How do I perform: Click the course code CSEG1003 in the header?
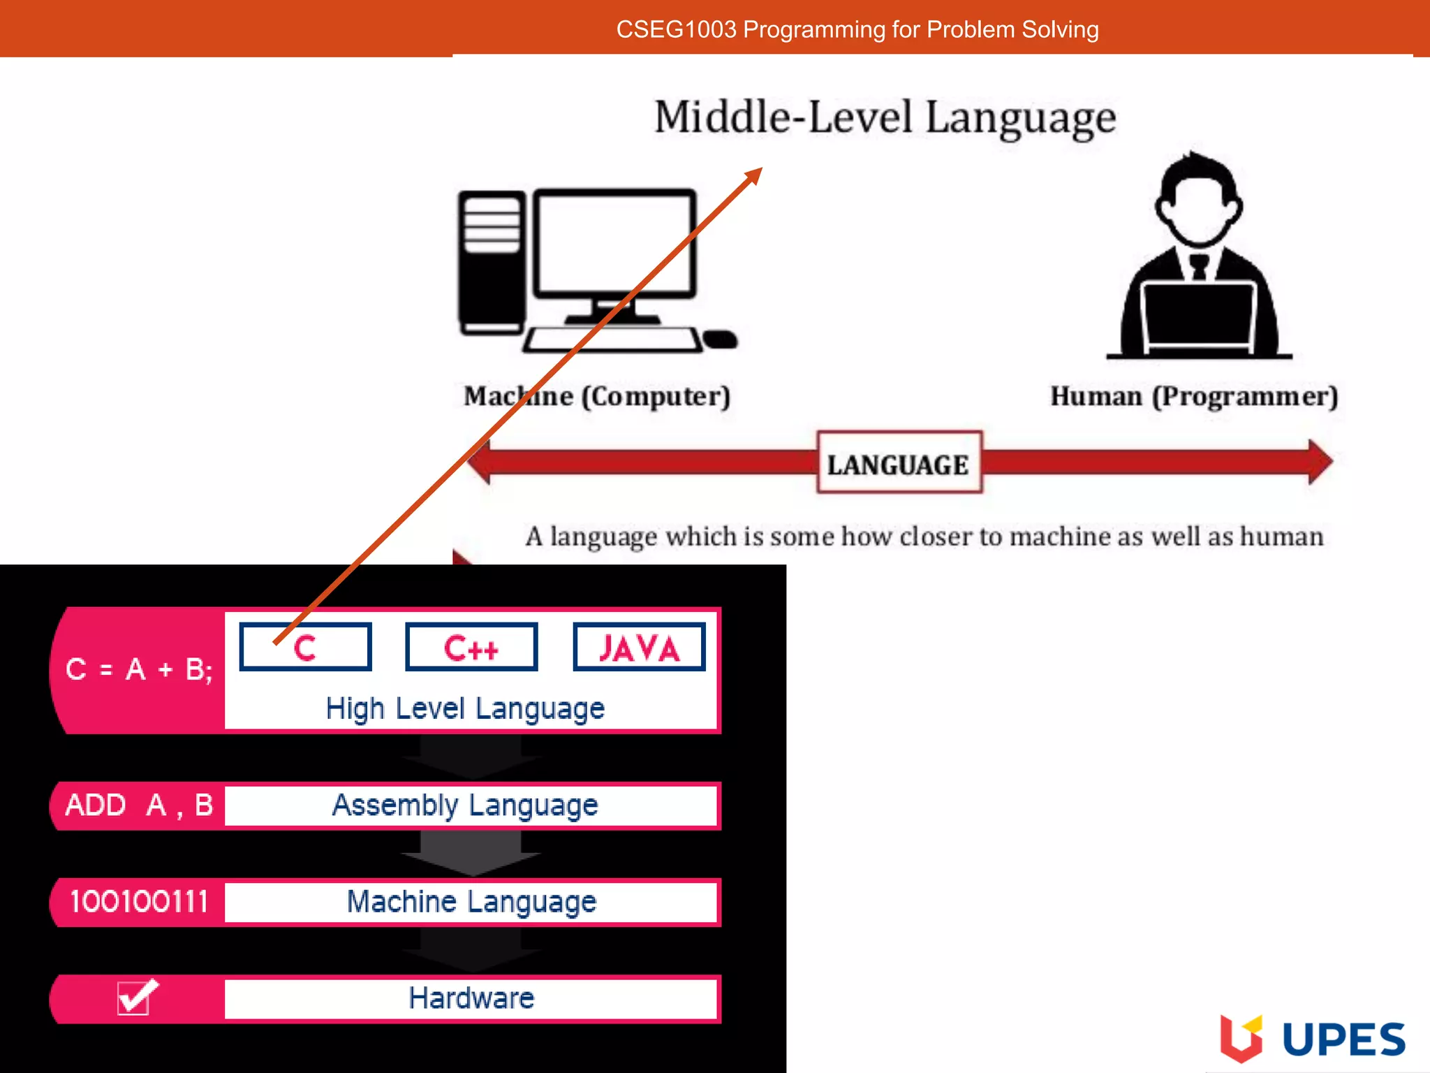[676, 29]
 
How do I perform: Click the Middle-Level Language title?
[885, 117]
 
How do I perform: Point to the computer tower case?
[492, 263]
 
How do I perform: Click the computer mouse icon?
[721, 340]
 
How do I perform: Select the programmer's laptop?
[1198, 319]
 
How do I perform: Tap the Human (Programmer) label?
[1194, 396]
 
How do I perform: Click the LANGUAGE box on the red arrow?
[899, 463]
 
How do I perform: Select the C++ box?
[471, 648]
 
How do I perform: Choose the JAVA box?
[639, 648]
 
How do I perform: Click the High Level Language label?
[465, 708]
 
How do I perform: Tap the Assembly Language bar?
[465, 805]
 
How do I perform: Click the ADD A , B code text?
[138, 805]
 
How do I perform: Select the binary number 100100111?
[138, 902]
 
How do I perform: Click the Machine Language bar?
[471, 902]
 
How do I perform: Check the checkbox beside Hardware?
[135, 997]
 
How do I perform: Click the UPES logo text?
[1343, 1039]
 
